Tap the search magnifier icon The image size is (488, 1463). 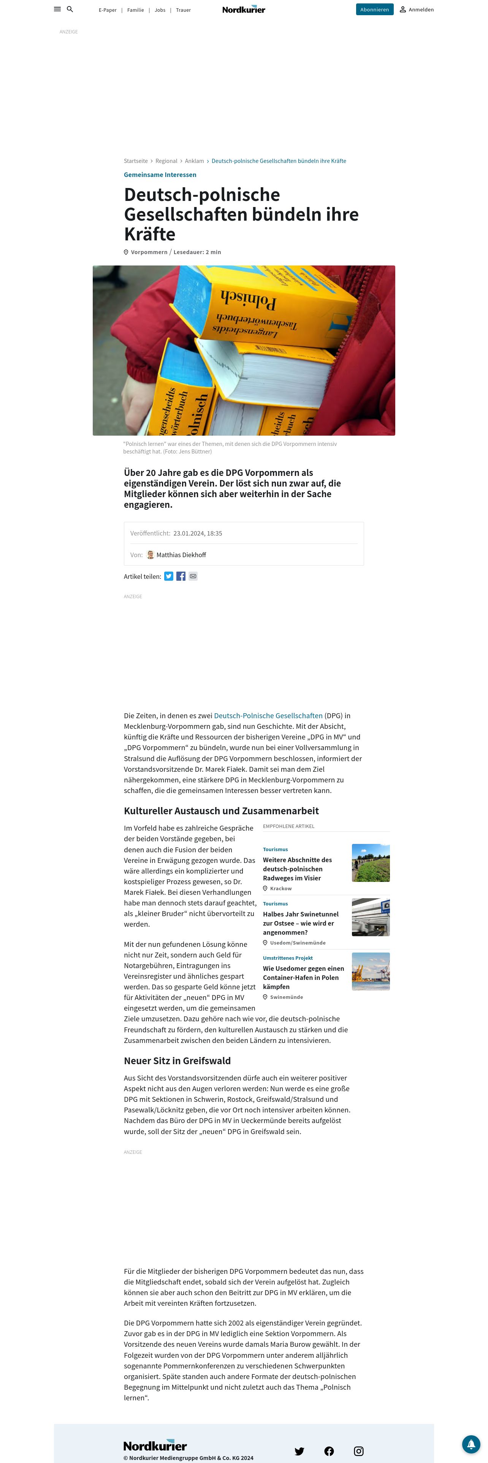70,9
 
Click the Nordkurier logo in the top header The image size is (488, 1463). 244,9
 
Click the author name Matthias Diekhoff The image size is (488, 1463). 181,555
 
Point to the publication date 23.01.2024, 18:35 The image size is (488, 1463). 198,533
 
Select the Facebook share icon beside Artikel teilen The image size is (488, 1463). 181,577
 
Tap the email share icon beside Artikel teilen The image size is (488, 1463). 193,577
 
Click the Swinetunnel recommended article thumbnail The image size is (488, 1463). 371,917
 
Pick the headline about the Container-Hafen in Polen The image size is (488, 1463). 303,977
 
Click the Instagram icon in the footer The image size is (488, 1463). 358,1451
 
